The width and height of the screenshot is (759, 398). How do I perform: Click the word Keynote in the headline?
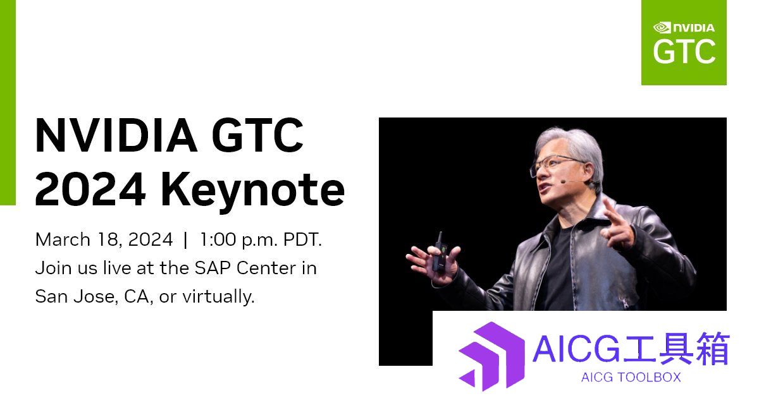point(253,191)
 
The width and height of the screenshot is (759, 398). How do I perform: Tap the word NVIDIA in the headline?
point(116,135)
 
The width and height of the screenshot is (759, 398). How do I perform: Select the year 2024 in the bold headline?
point(90,189)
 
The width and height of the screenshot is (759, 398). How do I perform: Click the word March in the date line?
point(63,239)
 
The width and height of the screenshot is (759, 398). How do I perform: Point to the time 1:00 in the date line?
point(218,239)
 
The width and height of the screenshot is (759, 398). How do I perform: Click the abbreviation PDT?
point(302,239)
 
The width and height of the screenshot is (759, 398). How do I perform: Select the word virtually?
point(219,297)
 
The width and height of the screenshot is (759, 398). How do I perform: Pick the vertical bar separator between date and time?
point(185,240)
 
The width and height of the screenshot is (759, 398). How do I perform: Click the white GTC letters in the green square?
point(684,51)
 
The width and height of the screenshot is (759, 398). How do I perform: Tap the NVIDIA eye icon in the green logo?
point(662,28)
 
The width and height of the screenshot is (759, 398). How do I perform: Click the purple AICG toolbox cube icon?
point(492,356)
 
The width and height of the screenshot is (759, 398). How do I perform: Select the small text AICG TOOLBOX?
point(631,377)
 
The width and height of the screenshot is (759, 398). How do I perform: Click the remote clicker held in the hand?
point(439,252)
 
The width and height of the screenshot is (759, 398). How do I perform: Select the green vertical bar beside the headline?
point(8,102)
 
